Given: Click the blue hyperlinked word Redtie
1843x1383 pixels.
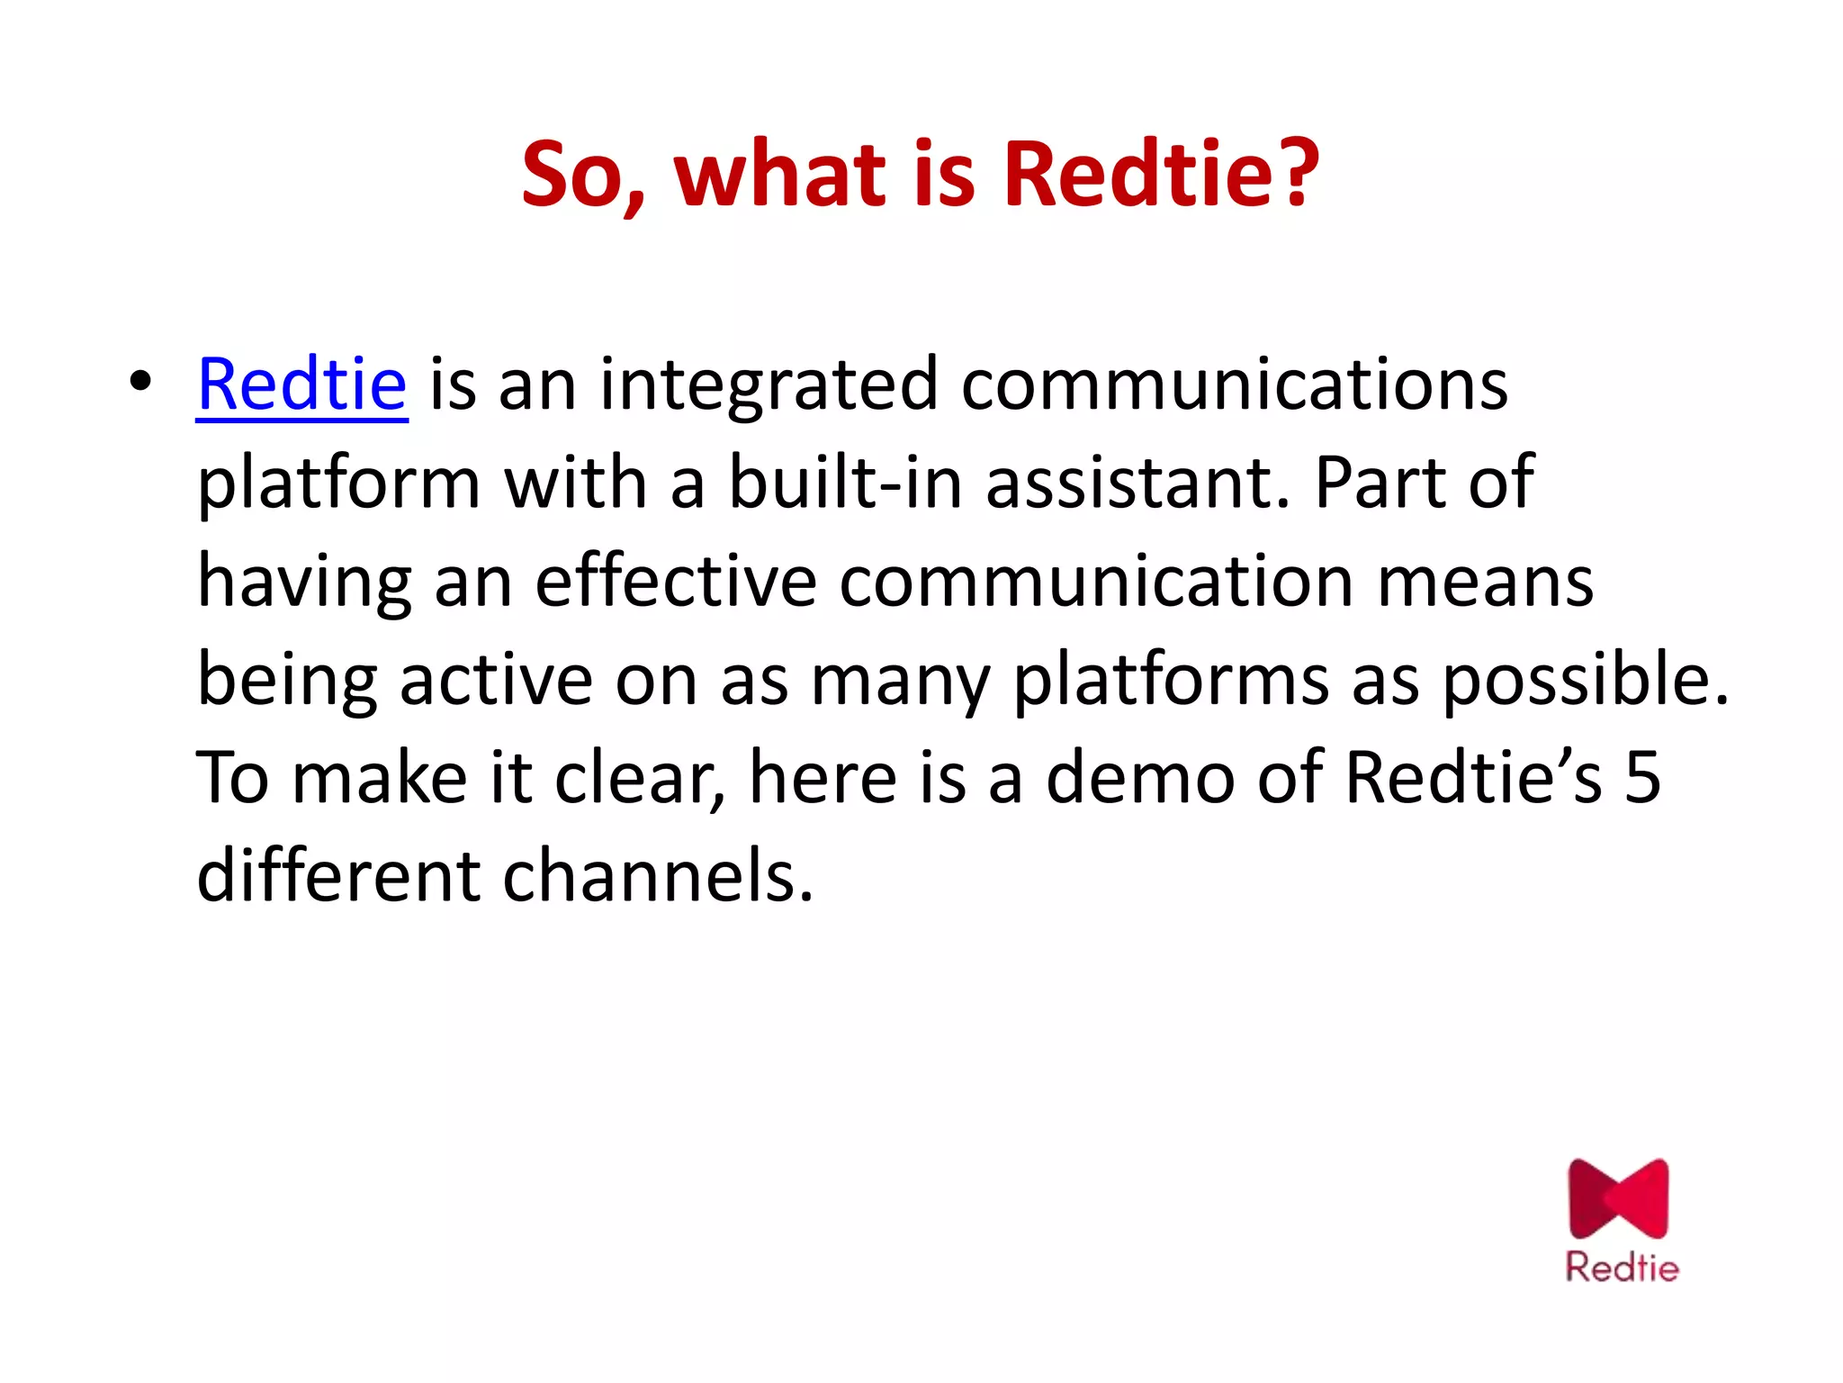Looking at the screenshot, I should (301, 385).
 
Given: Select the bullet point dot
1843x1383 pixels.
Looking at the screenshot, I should (139, 382).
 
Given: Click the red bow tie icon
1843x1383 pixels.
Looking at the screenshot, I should (1618, 1199).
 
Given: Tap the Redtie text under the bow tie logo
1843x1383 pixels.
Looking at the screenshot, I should (1622, 1268).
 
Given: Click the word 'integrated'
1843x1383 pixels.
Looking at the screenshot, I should (769, 385).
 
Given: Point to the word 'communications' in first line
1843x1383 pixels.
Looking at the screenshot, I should (1234, 385).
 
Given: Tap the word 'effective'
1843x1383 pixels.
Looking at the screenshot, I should (676, 582).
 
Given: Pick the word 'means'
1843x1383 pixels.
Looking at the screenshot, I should (1486, 582).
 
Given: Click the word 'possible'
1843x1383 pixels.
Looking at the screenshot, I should (1585, 680).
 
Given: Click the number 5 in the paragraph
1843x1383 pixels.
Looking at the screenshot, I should (1642, 778).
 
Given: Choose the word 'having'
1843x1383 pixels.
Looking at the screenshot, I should (304, 582).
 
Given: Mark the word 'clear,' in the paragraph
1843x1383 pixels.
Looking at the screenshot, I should (640, 778).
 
